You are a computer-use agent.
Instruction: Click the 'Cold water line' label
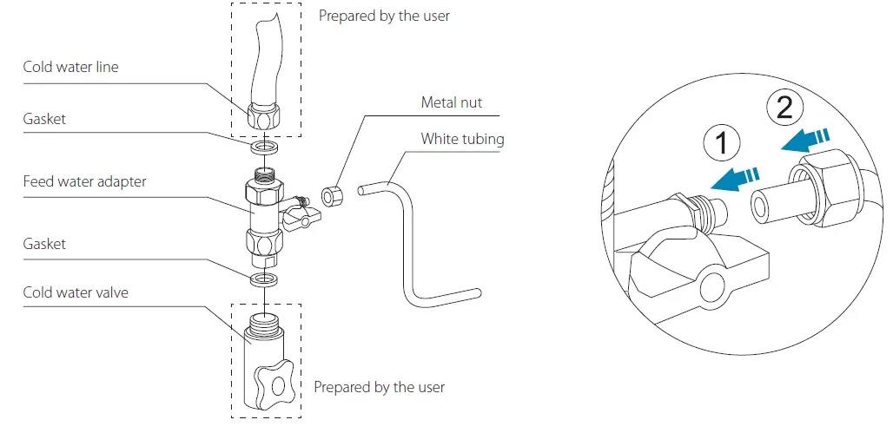click(x=70, y=67)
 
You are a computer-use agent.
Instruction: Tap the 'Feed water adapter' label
click(x=84, y=181)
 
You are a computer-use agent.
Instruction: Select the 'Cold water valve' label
click(x=76, y=292)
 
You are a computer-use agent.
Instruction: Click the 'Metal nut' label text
click(x=451, y=102)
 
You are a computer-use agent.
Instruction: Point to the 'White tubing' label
click(x=462, y=138)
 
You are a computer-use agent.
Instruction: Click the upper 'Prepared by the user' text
click(x=384, y=16)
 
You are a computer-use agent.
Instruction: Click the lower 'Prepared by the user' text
click(x=379, y=387)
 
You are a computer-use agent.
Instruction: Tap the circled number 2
click(x=784, y=108)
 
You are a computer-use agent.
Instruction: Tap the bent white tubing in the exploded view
click(x=402, y=243)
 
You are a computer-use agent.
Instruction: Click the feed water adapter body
click(x=262, y=213)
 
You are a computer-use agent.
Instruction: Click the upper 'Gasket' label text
click(x=45, y=119)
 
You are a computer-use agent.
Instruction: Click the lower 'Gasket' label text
click(x=45, y=244)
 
